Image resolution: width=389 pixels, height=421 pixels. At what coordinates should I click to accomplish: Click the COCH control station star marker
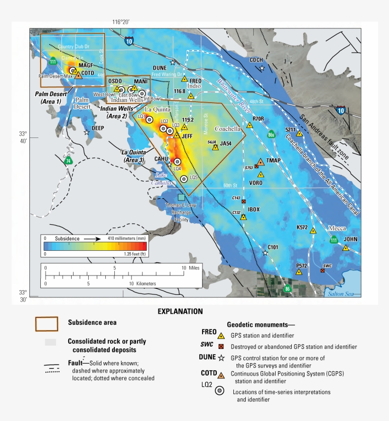[x=262, y=68]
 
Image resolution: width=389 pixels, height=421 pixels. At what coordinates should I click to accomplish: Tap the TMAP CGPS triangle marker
[x=260, y=162]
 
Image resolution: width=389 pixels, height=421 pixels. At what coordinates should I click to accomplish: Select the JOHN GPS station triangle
[x=346, y=247]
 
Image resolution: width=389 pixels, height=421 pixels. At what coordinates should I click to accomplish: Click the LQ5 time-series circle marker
[x=184, y=179]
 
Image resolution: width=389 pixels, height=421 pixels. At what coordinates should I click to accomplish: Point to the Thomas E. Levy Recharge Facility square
[x=181, y=197]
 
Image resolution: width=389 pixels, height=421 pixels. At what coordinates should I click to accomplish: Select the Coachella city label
[x=229, y=128]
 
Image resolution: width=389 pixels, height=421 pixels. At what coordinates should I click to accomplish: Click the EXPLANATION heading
[x=180, y=311]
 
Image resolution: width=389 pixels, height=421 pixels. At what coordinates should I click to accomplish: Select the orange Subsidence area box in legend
[x=46, y=324]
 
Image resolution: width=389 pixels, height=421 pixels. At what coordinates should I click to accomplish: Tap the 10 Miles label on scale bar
[x=190, y=268]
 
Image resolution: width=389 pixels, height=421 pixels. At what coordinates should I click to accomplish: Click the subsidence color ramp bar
[x=95, y=246]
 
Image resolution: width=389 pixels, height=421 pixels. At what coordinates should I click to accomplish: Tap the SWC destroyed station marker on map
[x=323, y=270]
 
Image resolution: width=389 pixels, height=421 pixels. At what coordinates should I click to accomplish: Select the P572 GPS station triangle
[x=299, y=272]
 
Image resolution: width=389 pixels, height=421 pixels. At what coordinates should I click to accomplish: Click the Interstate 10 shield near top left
[x=130, y=41]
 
